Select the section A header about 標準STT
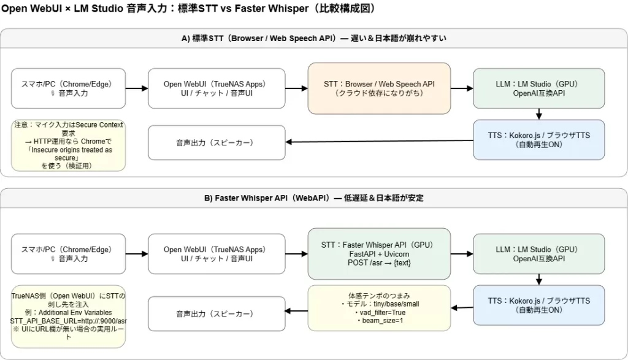pyautogui.click(x=313, y=38)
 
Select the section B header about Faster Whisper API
pyautogui.click(x=313, y=198)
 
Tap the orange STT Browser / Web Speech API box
pyautogui.click(x=379, y=88)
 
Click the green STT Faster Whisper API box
pyautogui.click(x=379, y=254)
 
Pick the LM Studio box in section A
pyautogui.click(x=538, y=88)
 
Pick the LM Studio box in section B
pyautogui.click(x=538, y=254)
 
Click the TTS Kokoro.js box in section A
pyautogui.click(x=538, y=140)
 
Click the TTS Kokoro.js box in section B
pyautogui.click(x=538, y=305)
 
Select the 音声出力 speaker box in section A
pyautogui.click(x=217, y=143)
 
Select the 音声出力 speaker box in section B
pyautogui.click(x=217, y=313)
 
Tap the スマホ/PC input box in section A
pyautogui.click(x=68, y=88)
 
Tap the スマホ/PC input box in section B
pyautogui.click(x=68, y=254)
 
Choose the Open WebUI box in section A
pyautogui.click(x=217, y=88)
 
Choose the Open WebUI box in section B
pyautogui.click(x=217, y=254)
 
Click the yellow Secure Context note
pyautogui.click(x=68, y=145)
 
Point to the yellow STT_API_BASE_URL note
pyautogui.click(x=68, y=312)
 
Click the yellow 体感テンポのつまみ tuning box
pyautogui.click(x=379, y=305)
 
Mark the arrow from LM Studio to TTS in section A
pyautogui.click(x=538, y=114)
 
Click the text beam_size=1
pyautogui.click(x=379, y=320)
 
